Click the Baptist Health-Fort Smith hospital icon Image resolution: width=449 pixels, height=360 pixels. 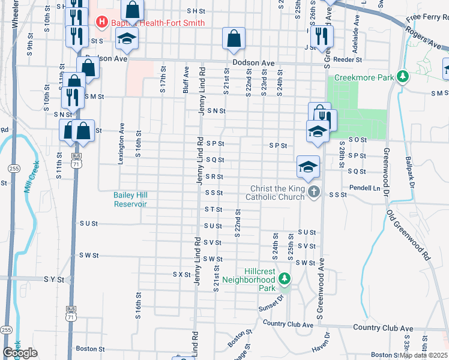[x=101, y=23]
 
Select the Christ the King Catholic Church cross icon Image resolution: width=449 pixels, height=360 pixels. [x=313, y=192]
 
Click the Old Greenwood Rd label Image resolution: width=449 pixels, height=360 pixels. [x=409, y=235]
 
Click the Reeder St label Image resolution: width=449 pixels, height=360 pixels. [x=349, y=59]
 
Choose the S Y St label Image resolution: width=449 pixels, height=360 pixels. [x=53, y=279]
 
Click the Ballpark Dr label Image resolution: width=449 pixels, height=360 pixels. [x=409, y=171]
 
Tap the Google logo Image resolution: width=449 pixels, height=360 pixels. [x=20, y=353]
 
